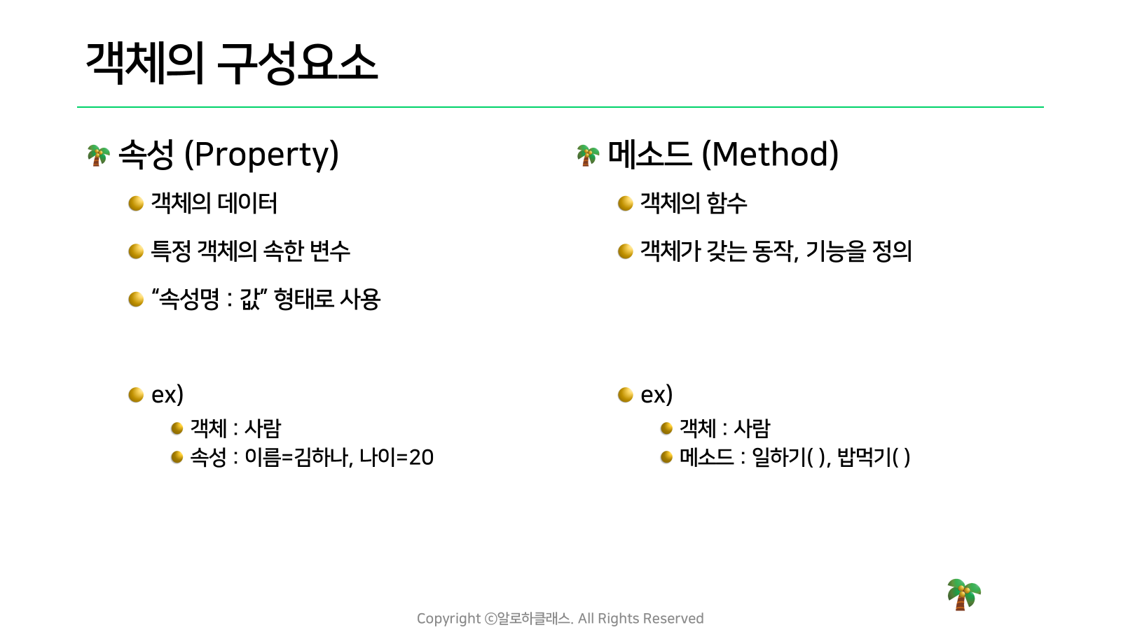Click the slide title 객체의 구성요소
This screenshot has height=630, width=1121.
(232, 63)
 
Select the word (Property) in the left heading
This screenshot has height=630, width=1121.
(262, 155)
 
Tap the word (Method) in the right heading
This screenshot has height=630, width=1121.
(770, 155)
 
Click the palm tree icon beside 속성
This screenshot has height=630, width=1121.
(98, 155)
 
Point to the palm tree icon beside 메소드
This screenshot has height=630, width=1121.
(588, 155)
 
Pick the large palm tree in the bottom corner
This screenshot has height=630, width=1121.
(964, 594)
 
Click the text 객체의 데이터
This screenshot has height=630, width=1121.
(214, 203)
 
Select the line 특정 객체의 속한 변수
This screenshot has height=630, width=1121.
(250, 251)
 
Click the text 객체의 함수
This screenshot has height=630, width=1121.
(694, 203)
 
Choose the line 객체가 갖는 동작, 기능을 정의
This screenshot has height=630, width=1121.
(776, 251)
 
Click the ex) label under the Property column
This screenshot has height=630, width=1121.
(167, 395)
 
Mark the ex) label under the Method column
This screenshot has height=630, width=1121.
(656, 395)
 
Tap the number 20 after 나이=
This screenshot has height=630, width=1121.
(421, 458)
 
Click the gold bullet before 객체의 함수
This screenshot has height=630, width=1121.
(626, 204)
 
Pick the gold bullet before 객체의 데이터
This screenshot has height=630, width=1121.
(136, 204)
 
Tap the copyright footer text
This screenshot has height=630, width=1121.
(560, 619)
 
